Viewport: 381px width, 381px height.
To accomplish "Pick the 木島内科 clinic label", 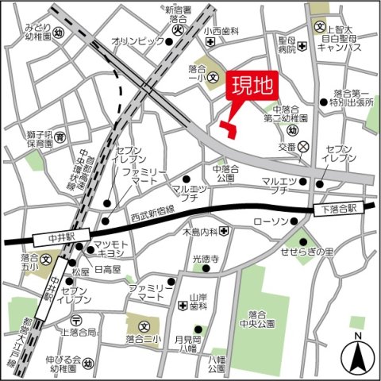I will pos(198,232).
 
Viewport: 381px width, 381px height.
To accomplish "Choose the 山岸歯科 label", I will pos(198,299).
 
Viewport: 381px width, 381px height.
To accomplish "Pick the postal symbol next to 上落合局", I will pos(75,320).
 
